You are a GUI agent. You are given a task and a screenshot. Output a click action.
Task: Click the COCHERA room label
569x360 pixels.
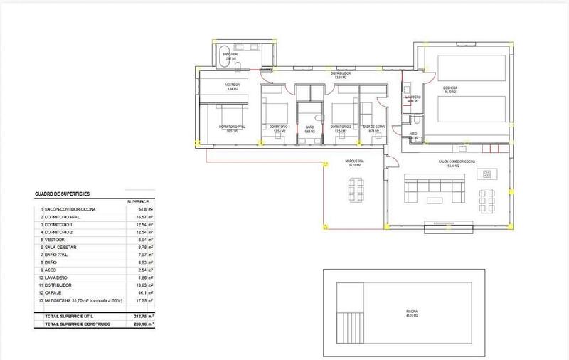click(450, 88)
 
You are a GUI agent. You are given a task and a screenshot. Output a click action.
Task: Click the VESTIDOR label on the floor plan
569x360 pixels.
click(233, 87)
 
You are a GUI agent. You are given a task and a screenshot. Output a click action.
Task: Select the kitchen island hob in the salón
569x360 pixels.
click(488, 174)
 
